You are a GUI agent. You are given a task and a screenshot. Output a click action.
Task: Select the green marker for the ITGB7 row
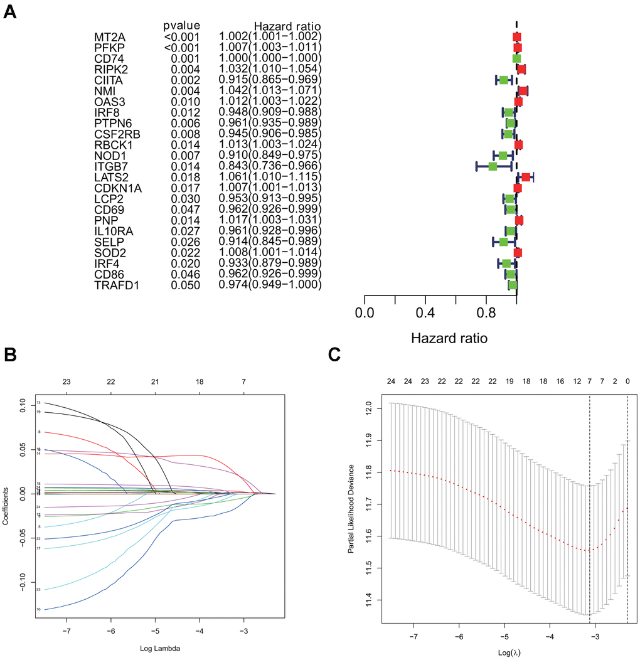point(493,166)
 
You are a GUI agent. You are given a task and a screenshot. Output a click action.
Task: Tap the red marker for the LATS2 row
point(526,177)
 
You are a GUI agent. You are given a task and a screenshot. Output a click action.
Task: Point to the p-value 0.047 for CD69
point(185,210)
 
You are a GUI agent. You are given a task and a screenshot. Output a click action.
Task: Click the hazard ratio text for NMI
point(270,90)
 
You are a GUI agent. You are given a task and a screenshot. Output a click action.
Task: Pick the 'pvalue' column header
point(181,26)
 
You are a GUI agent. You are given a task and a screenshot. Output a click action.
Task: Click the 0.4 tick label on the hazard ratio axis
point(425,312)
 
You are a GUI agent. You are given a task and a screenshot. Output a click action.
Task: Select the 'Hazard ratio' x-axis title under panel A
point(449,338)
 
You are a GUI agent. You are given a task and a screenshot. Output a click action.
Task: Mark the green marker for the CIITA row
point(503,80)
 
